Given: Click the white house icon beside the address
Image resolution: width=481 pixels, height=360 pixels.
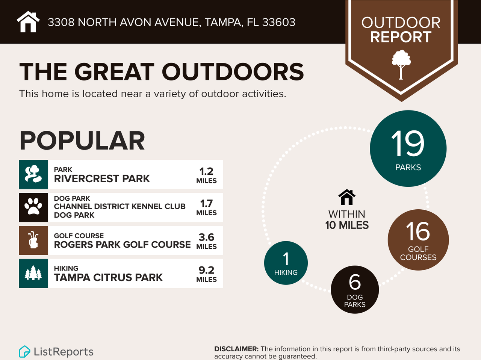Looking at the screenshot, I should [x=28, y=22].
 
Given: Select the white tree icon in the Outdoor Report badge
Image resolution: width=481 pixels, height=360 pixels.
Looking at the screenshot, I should [x=401, y=64].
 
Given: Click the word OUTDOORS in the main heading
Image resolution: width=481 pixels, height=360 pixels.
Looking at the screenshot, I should [x=233, y=72].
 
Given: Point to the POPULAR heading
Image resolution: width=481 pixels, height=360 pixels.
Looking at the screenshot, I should [x=82, y=141].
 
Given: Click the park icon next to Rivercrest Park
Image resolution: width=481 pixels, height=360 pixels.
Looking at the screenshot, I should [x=33, y=174].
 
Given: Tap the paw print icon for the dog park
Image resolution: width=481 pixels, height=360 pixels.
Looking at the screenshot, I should [x=33, y=207].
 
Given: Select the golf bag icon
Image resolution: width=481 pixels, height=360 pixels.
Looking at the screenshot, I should [x=33, y=240].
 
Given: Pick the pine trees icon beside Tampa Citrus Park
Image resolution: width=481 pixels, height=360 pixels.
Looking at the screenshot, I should [x=33, y=273].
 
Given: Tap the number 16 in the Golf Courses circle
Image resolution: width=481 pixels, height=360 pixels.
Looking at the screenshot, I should [x=418, y=231].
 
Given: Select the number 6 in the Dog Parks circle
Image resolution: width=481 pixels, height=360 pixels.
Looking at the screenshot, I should [x=355, y=282].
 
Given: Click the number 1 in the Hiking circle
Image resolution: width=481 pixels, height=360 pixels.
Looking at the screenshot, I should [x=286, y=259].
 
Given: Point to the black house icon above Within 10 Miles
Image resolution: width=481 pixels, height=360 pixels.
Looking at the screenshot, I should [x=346, y=197].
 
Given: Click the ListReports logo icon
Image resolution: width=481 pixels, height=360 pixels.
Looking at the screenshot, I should [x=24, y=351].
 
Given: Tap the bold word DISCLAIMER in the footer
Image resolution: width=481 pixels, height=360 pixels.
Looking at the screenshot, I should [x=236, y=349].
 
